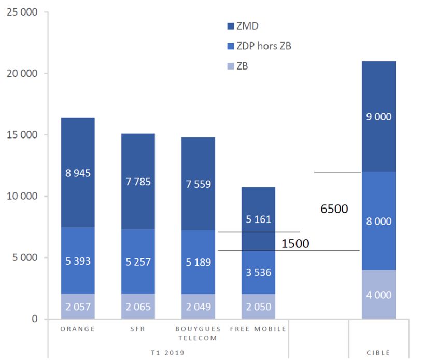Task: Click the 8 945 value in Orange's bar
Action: click(x=78, y=173)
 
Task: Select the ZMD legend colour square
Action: click(x=231, y=26)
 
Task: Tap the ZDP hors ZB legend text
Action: click(x=263, y=46)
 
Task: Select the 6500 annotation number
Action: click(x=334, y=209)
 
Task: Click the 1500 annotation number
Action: click(x=295, y=243)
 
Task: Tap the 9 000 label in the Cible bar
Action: click(x=378, y=117)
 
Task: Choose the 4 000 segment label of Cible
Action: click(x=378, y=295)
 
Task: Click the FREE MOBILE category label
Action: click(x=258, y=329)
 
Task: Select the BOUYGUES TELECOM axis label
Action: click(x=198, y=333)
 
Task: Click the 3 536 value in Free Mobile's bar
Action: click(x=258, y=272)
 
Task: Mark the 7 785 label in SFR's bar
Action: click(x=138, y=182)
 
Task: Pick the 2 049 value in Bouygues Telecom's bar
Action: click(x=198, y=307)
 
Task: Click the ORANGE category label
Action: click(x=78, y=329)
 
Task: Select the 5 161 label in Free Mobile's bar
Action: click(x=258, y=219)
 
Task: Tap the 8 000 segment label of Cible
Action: click(x=378, y=221)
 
